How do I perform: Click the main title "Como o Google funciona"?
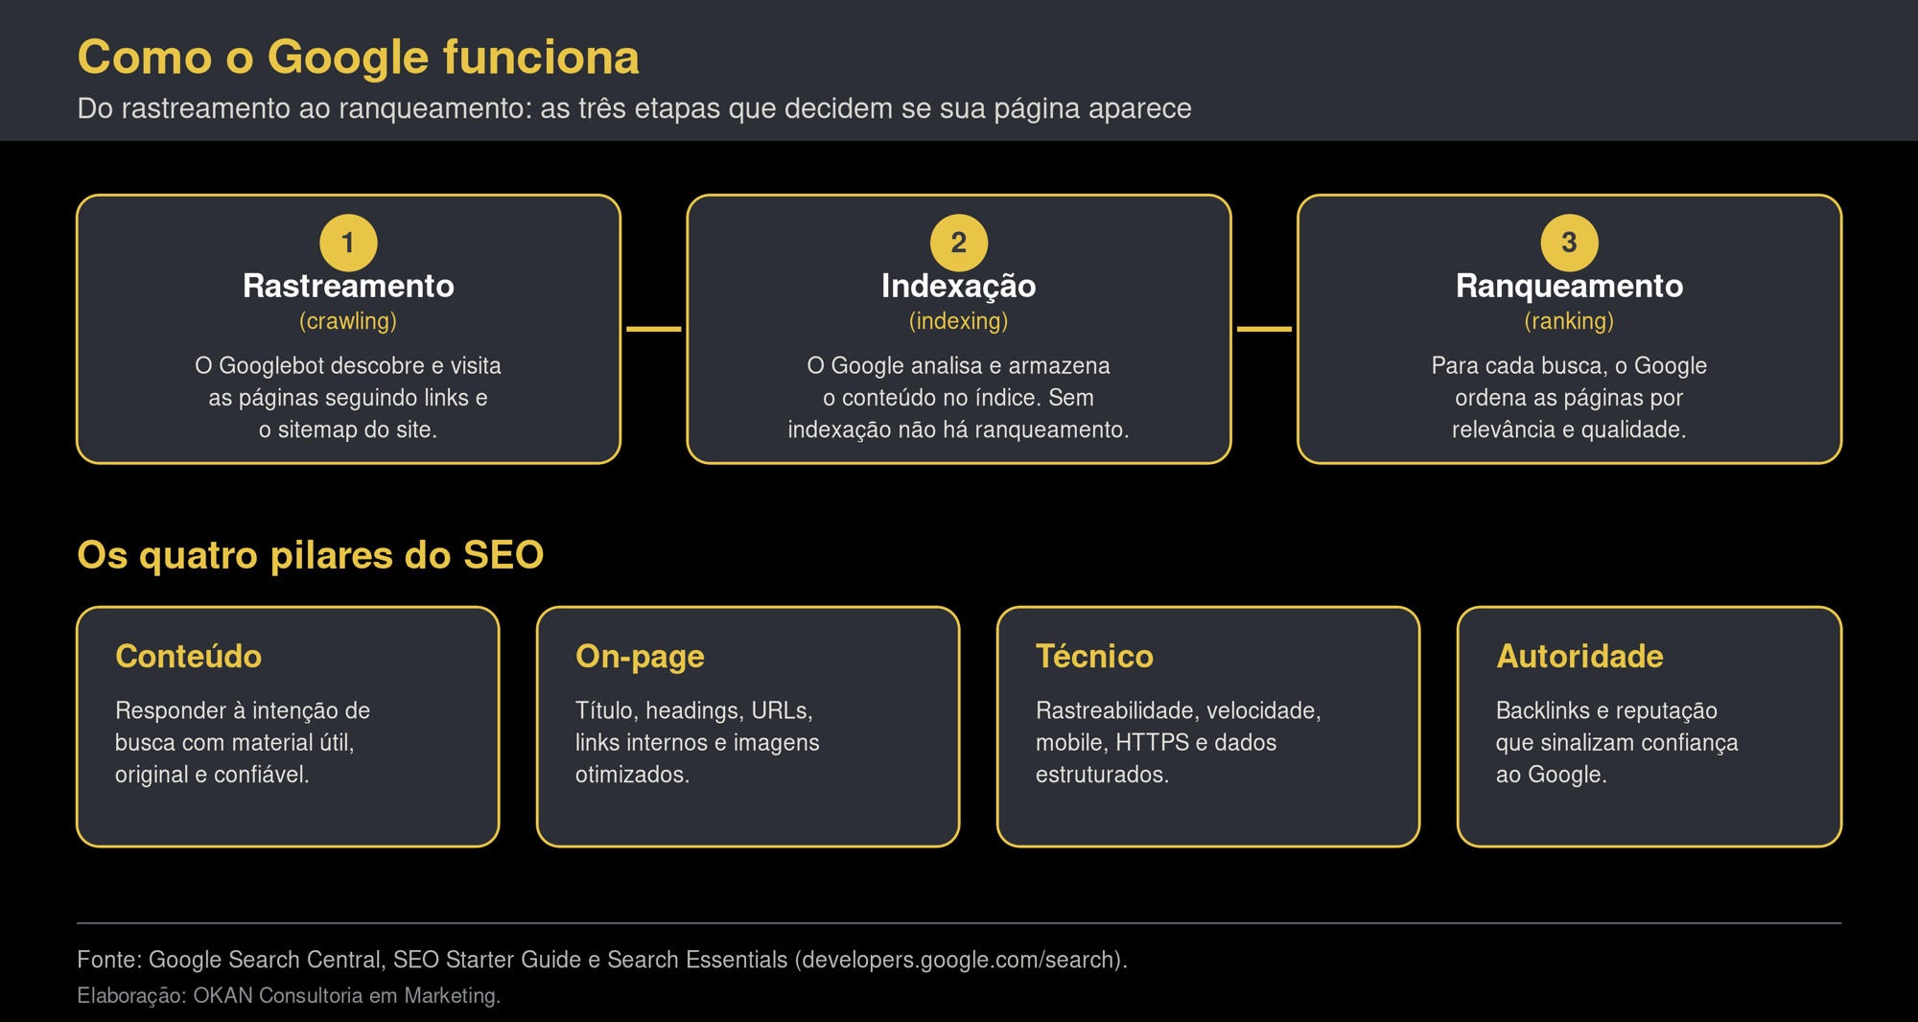point(358,58)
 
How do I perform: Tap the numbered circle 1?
point(348,243)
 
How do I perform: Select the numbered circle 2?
point(959,243)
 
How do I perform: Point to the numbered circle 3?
point(1569,243)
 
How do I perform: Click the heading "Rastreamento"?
point(348,286)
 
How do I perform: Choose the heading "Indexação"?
point(959,286)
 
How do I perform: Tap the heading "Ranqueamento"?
point(1569,286)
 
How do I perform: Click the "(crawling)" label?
point(348,321)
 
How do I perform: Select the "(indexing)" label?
point(959,321)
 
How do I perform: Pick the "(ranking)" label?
point(1569,321)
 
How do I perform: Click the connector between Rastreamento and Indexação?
point(654,329)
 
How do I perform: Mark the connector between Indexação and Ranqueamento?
point(1264,329)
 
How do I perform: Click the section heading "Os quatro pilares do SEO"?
point(311,555)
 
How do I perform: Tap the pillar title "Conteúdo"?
point(188,656)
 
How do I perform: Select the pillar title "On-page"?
point(640,657)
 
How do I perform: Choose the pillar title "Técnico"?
point(1094,656)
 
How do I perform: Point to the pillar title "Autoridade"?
point(1579,657)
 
